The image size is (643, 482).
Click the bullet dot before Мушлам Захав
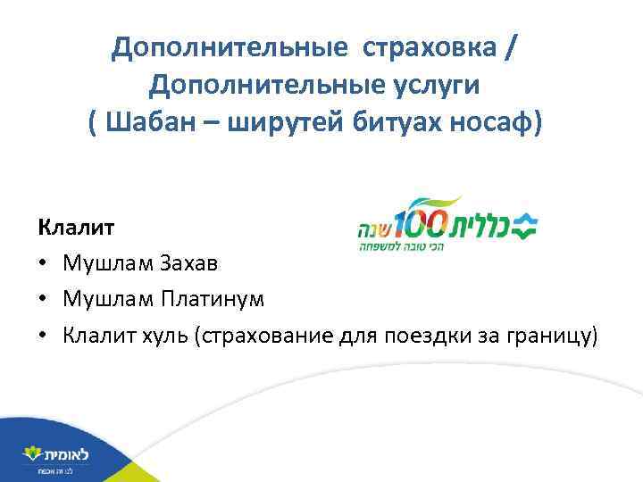click(43, 262)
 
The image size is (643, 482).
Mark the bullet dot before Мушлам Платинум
click(43, 298)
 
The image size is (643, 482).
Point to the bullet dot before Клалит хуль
click(43, 336)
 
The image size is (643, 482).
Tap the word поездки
click(425, 335)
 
